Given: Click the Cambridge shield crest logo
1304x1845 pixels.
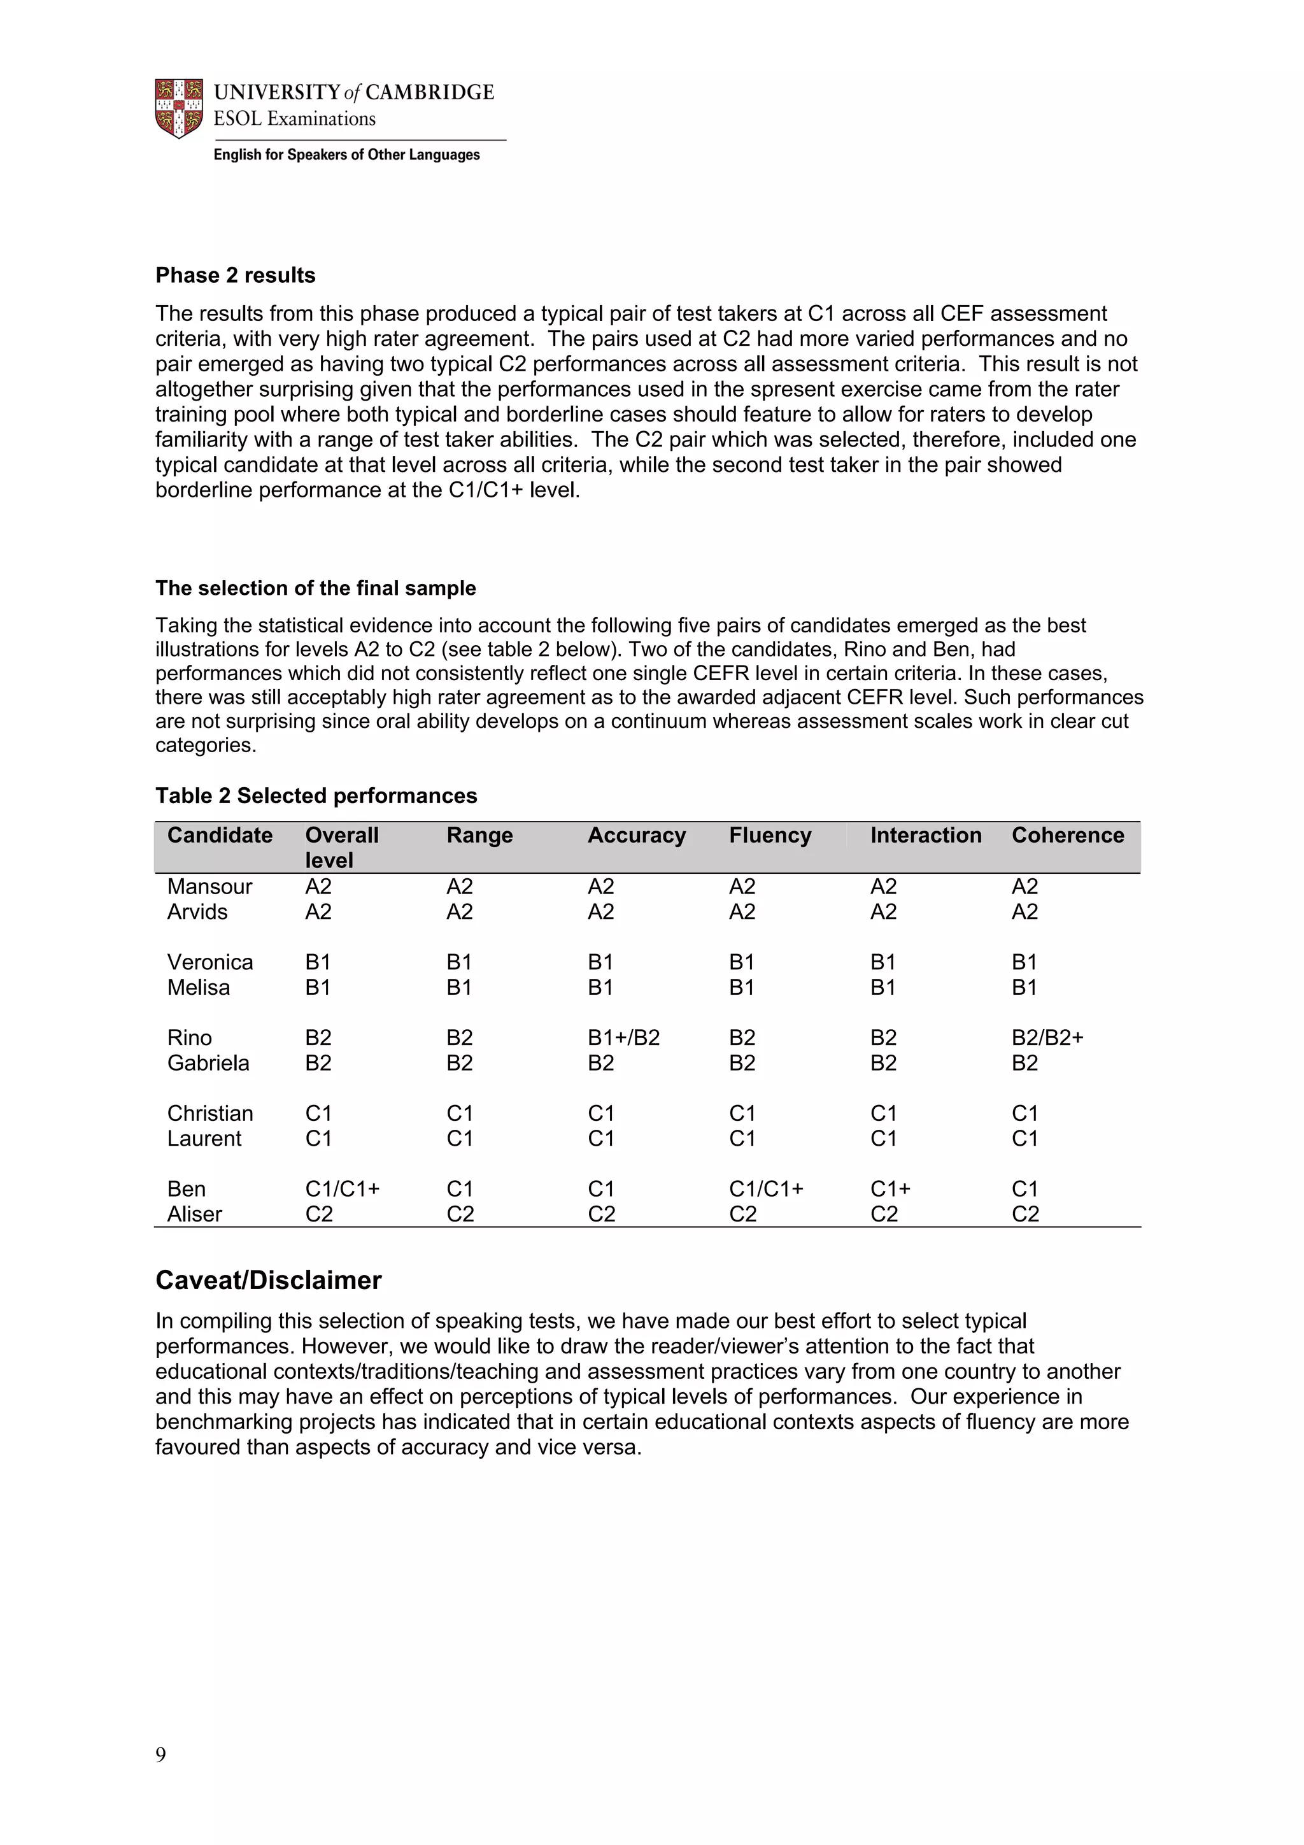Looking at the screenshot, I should point(178,108).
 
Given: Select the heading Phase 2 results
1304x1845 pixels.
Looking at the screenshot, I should point(236,276).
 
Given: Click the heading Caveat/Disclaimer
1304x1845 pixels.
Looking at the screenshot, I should point(268,1280).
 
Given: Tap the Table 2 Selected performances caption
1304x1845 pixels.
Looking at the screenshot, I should point(316,795).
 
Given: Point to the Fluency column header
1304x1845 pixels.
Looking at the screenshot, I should point(770,836).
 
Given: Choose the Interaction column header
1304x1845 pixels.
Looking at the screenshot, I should point(926,836).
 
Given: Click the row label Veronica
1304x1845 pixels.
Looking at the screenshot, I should point(209,962).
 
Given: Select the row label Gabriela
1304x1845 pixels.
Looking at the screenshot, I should point(208,1063).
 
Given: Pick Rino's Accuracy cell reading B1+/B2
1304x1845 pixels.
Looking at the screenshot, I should point(623,1037).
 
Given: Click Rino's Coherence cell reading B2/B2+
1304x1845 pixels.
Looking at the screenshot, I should point(1047,1037).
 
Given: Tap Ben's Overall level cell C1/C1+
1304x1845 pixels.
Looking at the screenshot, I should point(343,1188).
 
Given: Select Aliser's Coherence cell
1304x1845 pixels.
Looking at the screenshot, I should point(1025,1215).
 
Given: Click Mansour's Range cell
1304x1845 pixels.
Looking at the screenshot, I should point(460,887).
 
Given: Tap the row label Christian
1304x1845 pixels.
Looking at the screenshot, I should point(209,1113).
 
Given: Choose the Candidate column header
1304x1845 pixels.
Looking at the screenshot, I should point(219,836).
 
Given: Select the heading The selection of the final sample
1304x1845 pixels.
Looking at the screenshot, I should point(316,588).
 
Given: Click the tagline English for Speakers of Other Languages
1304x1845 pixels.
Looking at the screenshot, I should point(346,155).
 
